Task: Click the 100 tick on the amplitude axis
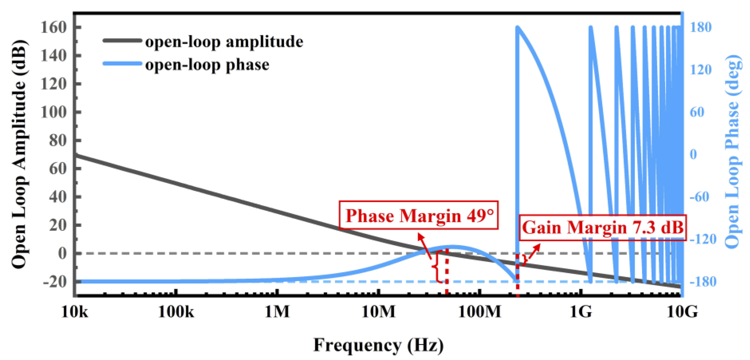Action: tap(54, 112)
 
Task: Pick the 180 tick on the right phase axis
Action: tap(701, 27)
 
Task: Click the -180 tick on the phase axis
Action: tap(702, 281)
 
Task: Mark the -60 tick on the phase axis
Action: tap(699, 197)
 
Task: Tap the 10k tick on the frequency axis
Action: tap(75, 312)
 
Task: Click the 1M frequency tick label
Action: tap(277, 312)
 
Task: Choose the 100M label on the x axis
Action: tap(479, 312)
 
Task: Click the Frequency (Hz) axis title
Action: tap(378, 345)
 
